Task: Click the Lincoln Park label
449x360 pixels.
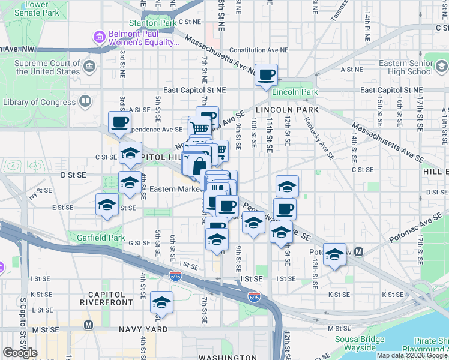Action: click(x=294, y=92)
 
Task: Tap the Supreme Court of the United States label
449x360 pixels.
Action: click(x=47, y=67)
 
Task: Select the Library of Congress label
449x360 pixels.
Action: click(x=40, y=103)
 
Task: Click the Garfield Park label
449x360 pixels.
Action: click(x=100, y=238)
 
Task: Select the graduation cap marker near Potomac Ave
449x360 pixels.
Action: click(x=334, y=254)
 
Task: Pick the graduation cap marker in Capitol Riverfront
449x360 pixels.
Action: click(x=161, y=303)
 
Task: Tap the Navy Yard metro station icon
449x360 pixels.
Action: click(x=89, y=325)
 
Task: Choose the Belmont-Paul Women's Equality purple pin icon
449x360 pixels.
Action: click(x=99, y=38)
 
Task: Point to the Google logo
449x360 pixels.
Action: click(x=20, y=353)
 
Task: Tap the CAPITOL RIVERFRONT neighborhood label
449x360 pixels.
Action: click(x=107, y=299)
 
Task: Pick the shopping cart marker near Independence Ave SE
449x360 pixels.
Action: click(x=199, y=127)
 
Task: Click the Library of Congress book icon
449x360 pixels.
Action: click(x=85, y=103)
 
